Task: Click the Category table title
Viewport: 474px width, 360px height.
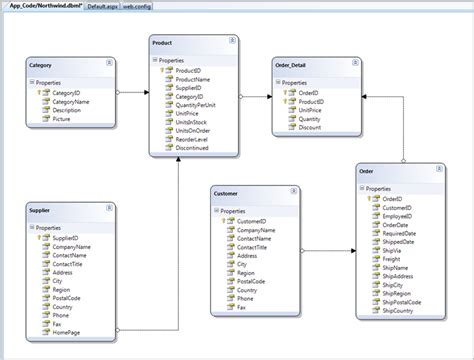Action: coord(41,65)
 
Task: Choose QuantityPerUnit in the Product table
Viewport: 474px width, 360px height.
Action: coord(198,104)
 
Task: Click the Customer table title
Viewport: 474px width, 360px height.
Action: coord(229,194)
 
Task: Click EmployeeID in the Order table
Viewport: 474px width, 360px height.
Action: coord(399,215)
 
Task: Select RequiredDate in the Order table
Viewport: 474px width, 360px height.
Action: coord(401,233)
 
